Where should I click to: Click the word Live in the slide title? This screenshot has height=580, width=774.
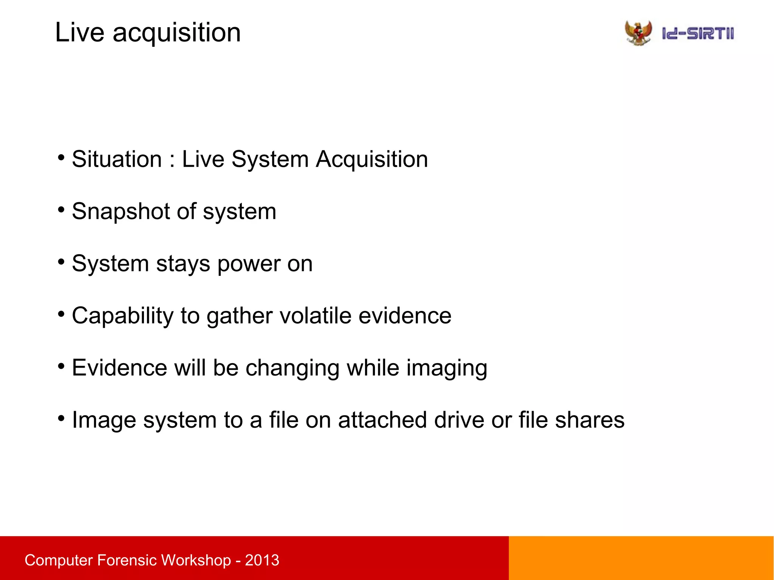79,32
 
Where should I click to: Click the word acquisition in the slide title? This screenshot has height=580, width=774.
176,33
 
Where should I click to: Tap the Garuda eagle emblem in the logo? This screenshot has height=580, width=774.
638,33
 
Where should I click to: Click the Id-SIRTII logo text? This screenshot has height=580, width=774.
698,34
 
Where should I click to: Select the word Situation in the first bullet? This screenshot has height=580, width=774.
117,159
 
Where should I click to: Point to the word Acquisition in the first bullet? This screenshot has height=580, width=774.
372,159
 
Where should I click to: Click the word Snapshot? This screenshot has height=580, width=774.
121,211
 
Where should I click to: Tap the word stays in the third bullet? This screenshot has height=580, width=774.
183,264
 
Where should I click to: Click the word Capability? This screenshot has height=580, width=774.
122,316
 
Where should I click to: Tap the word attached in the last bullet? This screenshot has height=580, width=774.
382,420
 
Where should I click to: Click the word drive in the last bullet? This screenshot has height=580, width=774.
459,420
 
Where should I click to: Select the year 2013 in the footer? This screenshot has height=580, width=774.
262,560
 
